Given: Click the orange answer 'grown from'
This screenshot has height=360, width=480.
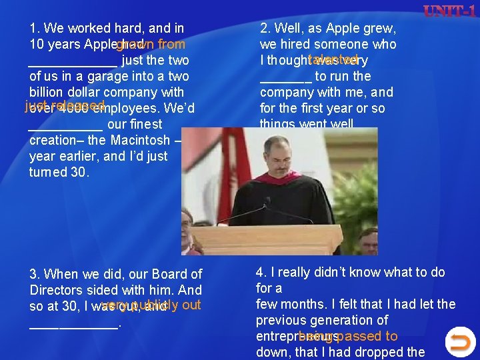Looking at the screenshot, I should (151, 45).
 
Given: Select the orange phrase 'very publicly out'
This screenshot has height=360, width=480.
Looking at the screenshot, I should (152, 305).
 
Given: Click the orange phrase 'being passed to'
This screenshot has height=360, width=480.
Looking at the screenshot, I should (348, 336).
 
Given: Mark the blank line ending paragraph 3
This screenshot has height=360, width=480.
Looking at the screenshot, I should (73, 325).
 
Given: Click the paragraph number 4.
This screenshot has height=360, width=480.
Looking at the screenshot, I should (261, 272).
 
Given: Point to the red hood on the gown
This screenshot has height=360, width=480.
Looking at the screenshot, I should (307, 178).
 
